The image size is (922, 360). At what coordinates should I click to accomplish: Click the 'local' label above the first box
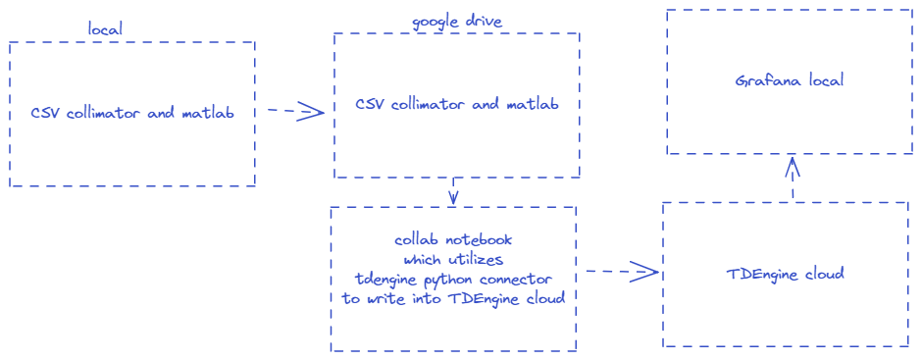click(105, 28)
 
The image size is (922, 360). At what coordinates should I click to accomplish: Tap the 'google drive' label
click(456, 23)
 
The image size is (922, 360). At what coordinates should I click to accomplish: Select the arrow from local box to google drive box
click(295, 110)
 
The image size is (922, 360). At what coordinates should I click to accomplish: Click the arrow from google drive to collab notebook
click(453, 191)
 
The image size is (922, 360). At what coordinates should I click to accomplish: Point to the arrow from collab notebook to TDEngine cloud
click(622, 271)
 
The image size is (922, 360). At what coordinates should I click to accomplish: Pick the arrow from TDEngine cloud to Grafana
click(793, 179)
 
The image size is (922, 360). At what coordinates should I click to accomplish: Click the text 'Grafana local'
click(790, 80)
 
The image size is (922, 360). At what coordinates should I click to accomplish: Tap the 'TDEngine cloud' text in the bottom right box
click(787, 274)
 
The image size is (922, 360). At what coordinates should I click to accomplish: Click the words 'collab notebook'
click(453, 240)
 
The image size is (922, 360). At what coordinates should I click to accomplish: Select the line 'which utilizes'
click(453, 259)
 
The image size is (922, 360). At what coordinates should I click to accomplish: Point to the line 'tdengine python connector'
click(453, 279)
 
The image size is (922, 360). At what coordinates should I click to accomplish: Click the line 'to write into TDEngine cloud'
click(453, 297)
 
